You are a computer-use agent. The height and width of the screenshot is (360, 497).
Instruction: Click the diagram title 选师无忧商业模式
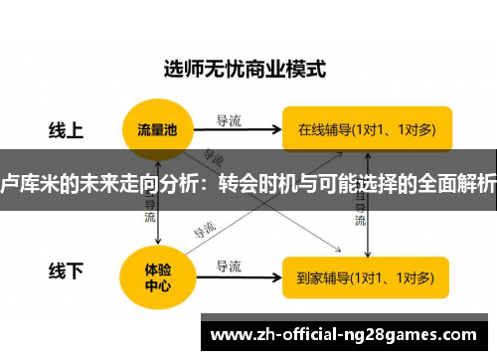[245, 70]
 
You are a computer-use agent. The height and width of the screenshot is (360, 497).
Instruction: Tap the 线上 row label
[67, 129]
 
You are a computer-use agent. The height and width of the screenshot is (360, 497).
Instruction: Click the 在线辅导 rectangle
[367, 128]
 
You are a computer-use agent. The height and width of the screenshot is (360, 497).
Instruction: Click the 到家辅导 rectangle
[367, 275]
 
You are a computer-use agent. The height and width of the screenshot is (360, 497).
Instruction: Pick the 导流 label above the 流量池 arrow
[229, 119]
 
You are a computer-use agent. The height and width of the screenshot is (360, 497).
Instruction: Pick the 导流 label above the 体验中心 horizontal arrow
[229, 265]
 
